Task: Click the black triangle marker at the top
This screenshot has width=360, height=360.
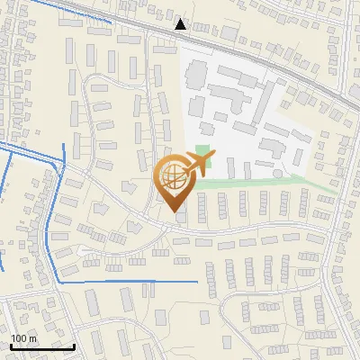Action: click(x=181, y=24)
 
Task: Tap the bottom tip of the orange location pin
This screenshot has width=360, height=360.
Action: click(x=175, y=211)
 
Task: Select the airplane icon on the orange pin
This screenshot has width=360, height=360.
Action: click(x=197, y=163)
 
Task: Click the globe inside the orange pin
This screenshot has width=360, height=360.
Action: click(x=173, y=178)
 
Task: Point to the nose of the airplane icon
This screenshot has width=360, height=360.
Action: click(x=213, y=156)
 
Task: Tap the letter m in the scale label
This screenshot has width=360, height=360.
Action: click(x=32, y=338)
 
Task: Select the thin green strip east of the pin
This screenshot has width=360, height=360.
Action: click(x=270, y=183)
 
